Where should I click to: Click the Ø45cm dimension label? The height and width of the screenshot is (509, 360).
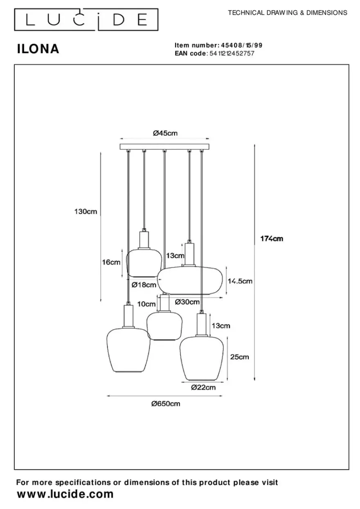coord(165,133)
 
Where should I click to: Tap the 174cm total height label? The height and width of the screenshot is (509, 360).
coord(272,239)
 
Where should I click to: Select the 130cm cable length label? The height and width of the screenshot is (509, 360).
coord(86,211)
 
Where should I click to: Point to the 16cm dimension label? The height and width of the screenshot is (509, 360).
coord(111,262)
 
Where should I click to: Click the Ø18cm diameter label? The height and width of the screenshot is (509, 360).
coord(144,285)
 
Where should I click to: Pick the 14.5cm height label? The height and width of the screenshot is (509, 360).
coord(240,281)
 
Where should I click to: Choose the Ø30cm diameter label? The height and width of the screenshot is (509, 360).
coord(187,302)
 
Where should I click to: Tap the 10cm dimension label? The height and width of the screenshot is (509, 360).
coord(146,304)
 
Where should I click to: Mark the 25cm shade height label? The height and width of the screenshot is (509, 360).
coord(239,357)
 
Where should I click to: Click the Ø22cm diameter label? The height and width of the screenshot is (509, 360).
coord(203,387)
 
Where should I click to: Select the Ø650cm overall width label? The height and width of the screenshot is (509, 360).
coord(166,404)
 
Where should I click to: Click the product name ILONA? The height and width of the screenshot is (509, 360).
coord(38,49)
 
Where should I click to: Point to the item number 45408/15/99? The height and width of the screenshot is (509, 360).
coord(242,45)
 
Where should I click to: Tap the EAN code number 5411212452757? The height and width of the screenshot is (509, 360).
coord(232,54)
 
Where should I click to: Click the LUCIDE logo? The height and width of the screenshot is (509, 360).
coord(86,20)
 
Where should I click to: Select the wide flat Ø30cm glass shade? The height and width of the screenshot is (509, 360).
coord(190,281)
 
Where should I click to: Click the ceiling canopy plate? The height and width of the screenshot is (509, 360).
coord(164,147)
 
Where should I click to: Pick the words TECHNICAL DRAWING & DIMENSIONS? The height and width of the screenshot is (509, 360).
coord(288,13)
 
